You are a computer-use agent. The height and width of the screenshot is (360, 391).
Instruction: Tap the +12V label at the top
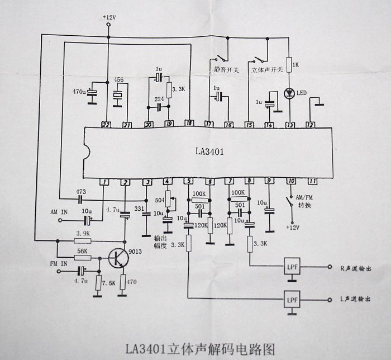coord(109,18)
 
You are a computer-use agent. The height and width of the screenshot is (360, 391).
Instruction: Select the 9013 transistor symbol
coord(118,258)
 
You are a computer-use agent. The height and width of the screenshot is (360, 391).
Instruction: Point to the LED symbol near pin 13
coord(289,93)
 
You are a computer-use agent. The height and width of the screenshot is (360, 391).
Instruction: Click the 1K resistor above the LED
coord(289,65)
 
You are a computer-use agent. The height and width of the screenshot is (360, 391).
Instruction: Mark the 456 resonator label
coord(119,80)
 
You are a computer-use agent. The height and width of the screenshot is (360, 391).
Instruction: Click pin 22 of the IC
coord(106,124)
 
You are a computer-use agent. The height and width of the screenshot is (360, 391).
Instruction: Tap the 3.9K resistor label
coord(82,235)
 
